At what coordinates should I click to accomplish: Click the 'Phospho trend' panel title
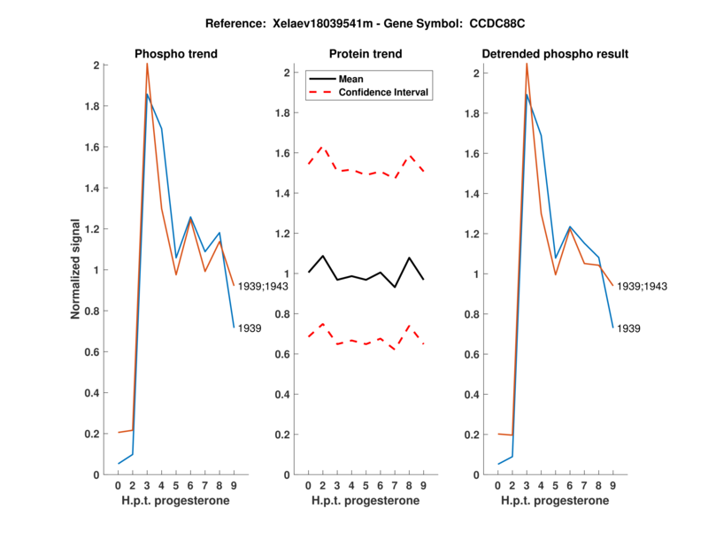coord(176,54)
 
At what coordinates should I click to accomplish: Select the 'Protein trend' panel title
coord(366,54)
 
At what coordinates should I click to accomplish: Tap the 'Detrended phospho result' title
coord(555,54)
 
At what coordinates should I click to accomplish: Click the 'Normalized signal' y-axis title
coord(77,269)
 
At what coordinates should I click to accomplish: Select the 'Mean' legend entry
coord(351,79)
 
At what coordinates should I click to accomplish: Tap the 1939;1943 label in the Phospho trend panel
coord(263,285)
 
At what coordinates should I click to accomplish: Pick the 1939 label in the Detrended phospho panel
coord(629,328)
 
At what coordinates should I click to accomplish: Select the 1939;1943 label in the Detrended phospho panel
coord(642,286)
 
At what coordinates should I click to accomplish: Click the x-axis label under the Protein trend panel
coord(366,501)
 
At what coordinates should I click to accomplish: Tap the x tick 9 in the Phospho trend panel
coord(234,485)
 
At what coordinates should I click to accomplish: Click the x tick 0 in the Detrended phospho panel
coord(497,485)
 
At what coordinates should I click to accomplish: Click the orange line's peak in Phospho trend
coord(147,64)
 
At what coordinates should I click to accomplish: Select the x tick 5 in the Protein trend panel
coord(366,485)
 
